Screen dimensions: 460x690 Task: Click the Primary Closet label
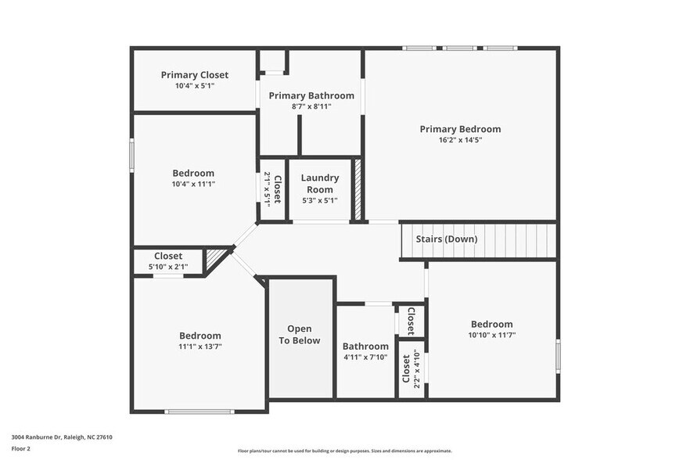click(195, 75)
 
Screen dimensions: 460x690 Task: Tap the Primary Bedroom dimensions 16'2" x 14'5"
click(460, 141)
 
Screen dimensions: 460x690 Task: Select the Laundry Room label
click(320, 184)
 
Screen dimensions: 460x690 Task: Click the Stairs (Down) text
click(446, 239)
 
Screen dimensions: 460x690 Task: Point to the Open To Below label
click(300, 335)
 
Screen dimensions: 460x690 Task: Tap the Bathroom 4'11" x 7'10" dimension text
click(365, 358)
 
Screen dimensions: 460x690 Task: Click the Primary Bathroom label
click(311, 95)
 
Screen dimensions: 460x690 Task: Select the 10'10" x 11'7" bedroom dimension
click(492, 335)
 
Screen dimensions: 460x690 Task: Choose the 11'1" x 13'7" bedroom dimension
click(200, 347)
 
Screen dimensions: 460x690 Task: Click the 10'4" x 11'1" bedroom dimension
click(193, 185)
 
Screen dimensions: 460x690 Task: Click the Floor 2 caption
click(21, 449)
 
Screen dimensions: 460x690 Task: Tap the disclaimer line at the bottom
click(345, 451)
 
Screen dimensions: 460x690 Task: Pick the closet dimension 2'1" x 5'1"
click(267, 189)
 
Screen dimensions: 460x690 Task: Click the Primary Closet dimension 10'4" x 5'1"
click(195, 86)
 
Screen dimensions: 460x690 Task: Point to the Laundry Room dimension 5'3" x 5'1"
click(320, 200)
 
